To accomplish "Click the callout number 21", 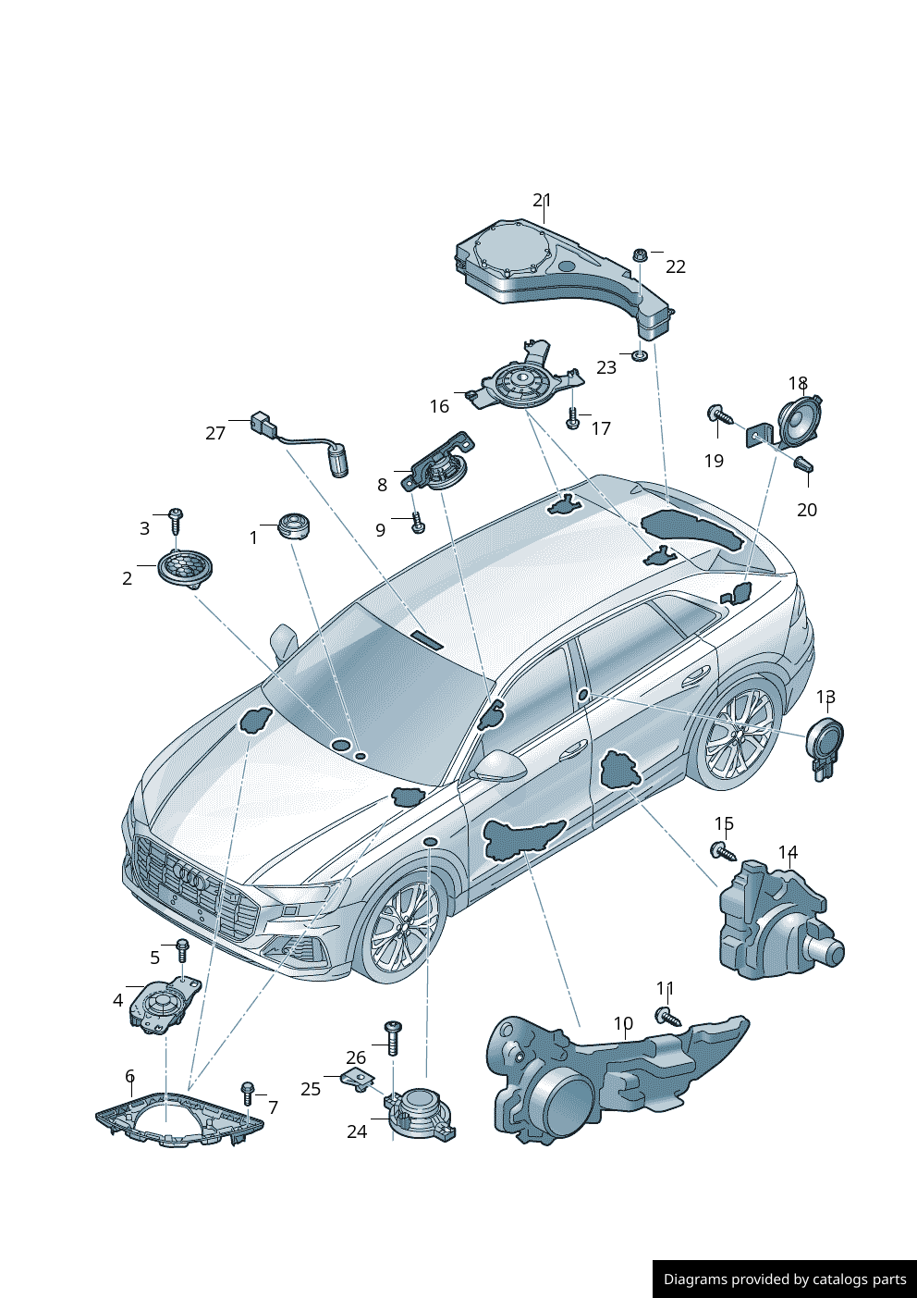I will point(542,200).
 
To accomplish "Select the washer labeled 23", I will point(639,355).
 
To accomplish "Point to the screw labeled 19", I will point(718,415).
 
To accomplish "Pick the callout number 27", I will point(215,433).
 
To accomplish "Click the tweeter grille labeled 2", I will point(185,567).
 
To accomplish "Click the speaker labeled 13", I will point(825,744).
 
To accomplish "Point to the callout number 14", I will point(788,852).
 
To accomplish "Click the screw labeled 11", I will point(667,1017).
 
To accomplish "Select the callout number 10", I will point(624,1024).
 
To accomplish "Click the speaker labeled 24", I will point(421,1112).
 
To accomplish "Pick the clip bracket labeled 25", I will point(358,1078).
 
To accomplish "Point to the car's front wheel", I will point(403,930).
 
